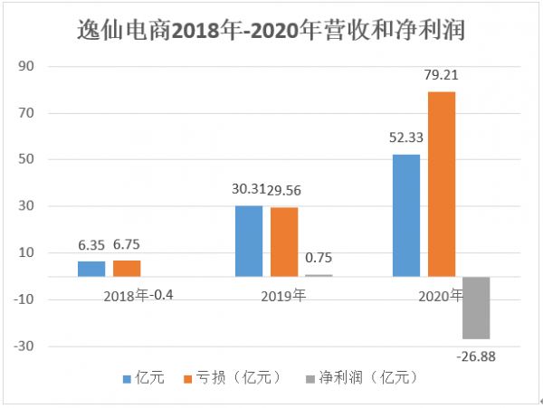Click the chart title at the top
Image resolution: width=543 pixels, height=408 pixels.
point(272,30)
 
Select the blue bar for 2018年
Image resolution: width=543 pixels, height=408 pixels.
point(91,269)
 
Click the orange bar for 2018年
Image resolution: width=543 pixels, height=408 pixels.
point(127,268)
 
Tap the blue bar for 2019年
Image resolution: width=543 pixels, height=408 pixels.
point(249,241)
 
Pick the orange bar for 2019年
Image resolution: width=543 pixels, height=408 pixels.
point(284,242)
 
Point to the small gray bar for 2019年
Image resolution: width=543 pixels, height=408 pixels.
point(319,275)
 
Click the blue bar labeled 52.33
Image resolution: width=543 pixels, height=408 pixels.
point(406,215)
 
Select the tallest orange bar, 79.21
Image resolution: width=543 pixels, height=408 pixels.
point(442,184)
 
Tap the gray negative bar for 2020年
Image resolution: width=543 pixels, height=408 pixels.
point(476,308)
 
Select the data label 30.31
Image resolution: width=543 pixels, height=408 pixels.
point(247,189)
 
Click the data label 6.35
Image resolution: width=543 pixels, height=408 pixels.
point(92,245)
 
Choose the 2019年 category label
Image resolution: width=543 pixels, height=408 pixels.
point(284,295)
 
